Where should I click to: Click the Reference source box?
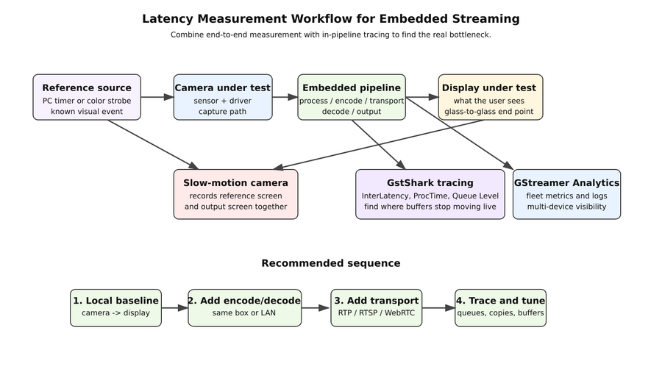pos(87,97)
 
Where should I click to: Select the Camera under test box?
pos(223,97)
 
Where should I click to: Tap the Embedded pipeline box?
pos(352,97)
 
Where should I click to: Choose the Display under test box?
pos(490,97)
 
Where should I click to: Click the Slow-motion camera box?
pos(235,194)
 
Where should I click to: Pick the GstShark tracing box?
pos(430,194)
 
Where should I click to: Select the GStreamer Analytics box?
pos(566,194)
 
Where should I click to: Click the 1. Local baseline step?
pos(115,307)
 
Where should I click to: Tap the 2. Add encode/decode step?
pos(244,307)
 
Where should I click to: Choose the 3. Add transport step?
pos(376,307)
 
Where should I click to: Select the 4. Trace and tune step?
pos(500,307)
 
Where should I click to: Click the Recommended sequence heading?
pos(331,263)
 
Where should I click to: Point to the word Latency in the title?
pos(168,19)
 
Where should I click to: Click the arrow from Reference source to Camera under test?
pos(157,97)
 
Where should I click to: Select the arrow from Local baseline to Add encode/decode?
pos(174,308)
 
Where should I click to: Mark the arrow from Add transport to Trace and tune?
pos(438,308)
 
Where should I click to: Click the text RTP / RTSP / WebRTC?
pos(376,313)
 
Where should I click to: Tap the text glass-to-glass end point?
pos(490,112)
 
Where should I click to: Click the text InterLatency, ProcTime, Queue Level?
pos(430,196)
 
